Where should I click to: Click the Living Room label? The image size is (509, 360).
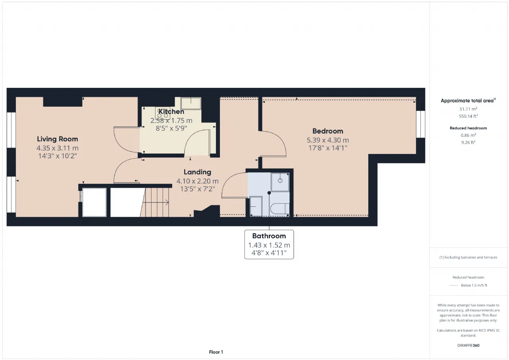pyautogui.click(x=58, y=139)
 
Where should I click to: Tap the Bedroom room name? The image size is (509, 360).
pyautogui.click(x=328, y=131)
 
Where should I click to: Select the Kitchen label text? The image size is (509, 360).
pyautogui.click(x=171, y=111)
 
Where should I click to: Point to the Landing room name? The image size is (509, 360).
pyautogui.click(x=198, y=172)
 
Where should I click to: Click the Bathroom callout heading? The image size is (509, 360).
pyautogui.click(x=269, y=236)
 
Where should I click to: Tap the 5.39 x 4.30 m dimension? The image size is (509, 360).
pyautogui.click(x=328, y=140)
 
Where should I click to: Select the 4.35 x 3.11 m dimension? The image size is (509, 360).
pyautogui.click(x=58, y=148)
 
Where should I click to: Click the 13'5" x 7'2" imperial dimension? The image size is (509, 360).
pyautogui.click(x=198, y=189)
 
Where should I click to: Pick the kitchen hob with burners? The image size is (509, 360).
pyautogui.click(x=163, y=113)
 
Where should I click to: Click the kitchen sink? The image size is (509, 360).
pyautogui.click(x=191, y=103)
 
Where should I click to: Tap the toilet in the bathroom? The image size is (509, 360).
pyautogui.click(x=280, y=208)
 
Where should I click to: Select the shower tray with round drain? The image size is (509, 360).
pyautogui.click(x=280, y=182)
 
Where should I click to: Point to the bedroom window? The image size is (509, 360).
pyautogui.click(x=421, y=124)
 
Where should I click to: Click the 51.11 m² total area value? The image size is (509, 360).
pyautogui.click(x=468, y=109)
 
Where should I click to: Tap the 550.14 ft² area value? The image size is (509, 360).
pyautogui.click(x=468, y=116)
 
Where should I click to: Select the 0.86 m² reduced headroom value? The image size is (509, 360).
pyautogui.click(x=468, y=135)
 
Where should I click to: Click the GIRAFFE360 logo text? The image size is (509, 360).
pyautogui.click(x=468, y=345)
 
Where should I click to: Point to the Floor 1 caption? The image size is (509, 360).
pyautogui.click(x=216, y=352)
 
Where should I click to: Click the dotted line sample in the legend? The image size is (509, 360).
pyautogui.click(x=454, y=286)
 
